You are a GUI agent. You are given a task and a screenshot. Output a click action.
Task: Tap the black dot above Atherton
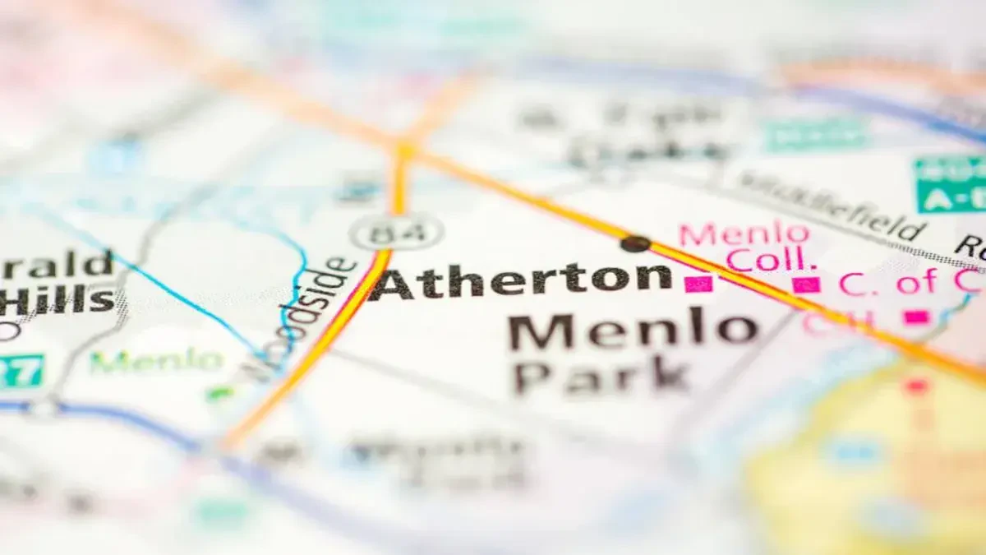click(634, 243)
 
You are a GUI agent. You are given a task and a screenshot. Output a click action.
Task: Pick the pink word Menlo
click(744, 234)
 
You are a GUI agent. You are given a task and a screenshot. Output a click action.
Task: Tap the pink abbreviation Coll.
click(771, 260)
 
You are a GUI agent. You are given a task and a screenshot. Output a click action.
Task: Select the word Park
click(601, 377)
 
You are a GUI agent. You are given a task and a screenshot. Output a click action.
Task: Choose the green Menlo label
click(156, 360)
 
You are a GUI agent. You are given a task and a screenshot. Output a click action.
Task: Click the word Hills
click(58, 301)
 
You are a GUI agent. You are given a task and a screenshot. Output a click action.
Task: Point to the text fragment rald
click(58, 265)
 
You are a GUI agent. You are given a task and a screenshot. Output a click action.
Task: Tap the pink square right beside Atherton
click(698, 284)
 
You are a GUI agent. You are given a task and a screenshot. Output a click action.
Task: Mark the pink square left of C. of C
click(806, 284)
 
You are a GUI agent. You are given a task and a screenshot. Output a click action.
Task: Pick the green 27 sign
click(20, 371)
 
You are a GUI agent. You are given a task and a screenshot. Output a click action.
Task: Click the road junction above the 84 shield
click(404, 150)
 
